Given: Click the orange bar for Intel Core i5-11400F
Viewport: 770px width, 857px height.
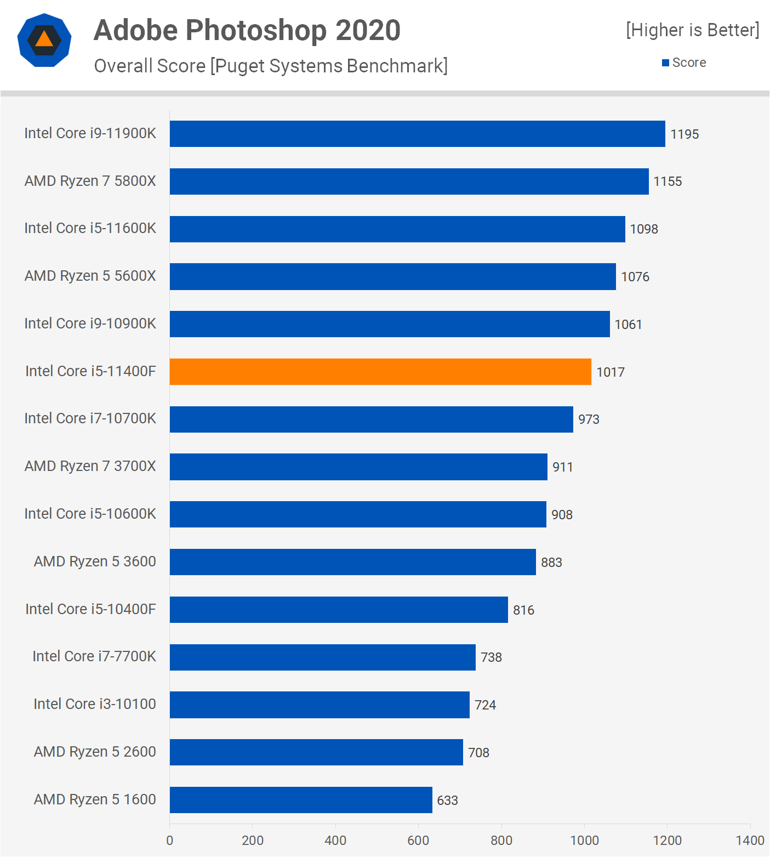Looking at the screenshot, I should pos(380,372).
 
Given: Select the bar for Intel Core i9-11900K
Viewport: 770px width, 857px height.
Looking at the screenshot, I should pos(417,134).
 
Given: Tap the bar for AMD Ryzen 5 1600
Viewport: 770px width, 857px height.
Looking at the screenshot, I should pos(301,800).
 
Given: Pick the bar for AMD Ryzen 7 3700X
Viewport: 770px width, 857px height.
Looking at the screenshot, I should pos(358,467).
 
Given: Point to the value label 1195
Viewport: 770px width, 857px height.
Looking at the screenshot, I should pos(685,134).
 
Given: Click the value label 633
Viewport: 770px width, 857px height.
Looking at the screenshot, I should pos(447,801).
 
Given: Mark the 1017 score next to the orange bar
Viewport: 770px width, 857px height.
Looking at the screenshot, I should pos(611,372).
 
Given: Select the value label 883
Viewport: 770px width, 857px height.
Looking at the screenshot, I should pos(551,563).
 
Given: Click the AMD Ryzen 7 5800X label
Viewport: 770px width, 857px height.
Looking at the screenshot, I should pos(90,181).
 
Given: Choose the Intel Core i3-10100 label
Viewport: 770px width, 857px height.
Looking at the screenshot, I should pos(95,704).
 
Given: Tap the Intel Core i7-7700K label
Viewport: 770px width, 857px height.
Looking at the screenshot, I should pos(94,656).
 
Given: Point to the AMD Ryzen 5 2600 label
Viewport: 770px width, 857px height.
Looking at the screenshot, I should pos(95,752).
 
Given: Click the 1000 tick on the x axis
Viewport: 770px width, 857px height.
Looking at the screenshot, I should pos(584,841).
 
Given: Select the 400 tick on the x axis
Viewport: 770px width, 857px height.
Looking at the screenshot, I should pos(335,841).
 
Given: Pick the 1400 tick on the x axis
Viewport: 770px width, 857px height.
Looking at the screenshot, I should pos(750,841).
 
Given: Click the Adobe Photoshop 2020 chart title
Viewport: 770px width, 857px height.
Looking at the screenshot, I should pos(247,30).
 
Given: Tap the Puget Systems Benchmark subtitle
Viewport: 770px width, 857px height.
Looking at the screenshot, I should pos(271,66).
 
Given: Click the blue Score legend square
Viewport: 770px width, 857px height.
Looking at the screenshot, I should pos(665,63).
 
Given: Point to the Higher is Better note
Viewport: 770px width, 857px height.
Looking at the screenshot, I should pos(693,30).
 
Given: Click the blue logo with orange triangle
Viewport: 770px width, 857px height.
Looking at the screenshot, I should pos(44,40).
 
